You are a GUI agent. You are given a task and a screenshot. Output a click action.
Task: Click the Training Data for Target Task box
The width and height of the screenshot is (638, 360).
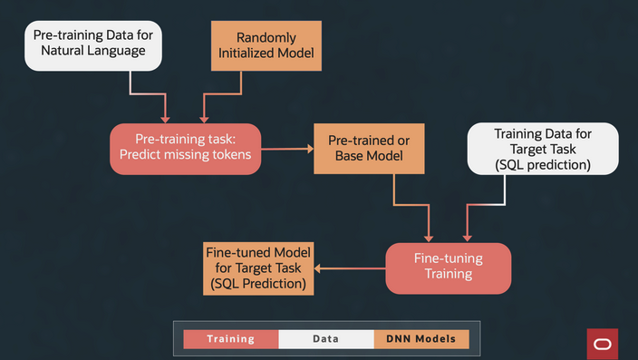543,149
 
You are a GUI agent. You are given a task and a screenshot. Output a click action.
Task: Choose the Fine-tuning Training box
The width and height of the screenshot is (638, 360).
449,268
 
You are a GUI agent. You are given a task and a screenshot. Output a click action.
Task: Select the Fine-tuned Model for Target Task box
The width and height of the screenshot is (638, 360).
258,268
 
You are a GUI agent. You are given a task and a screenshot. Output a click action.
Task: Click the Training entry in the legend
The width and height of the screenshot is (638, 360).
230,339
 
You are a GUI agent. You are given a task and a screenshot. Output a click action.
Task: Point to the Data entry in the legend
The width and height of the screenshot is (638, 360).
325,339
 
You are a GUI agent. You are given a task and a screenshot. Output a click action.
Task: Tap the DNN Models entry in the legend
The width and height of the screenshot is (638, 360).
421,339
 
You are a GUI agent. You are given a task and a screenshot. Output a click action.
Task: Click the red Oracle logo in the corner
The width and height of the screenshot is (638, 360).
602,344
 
